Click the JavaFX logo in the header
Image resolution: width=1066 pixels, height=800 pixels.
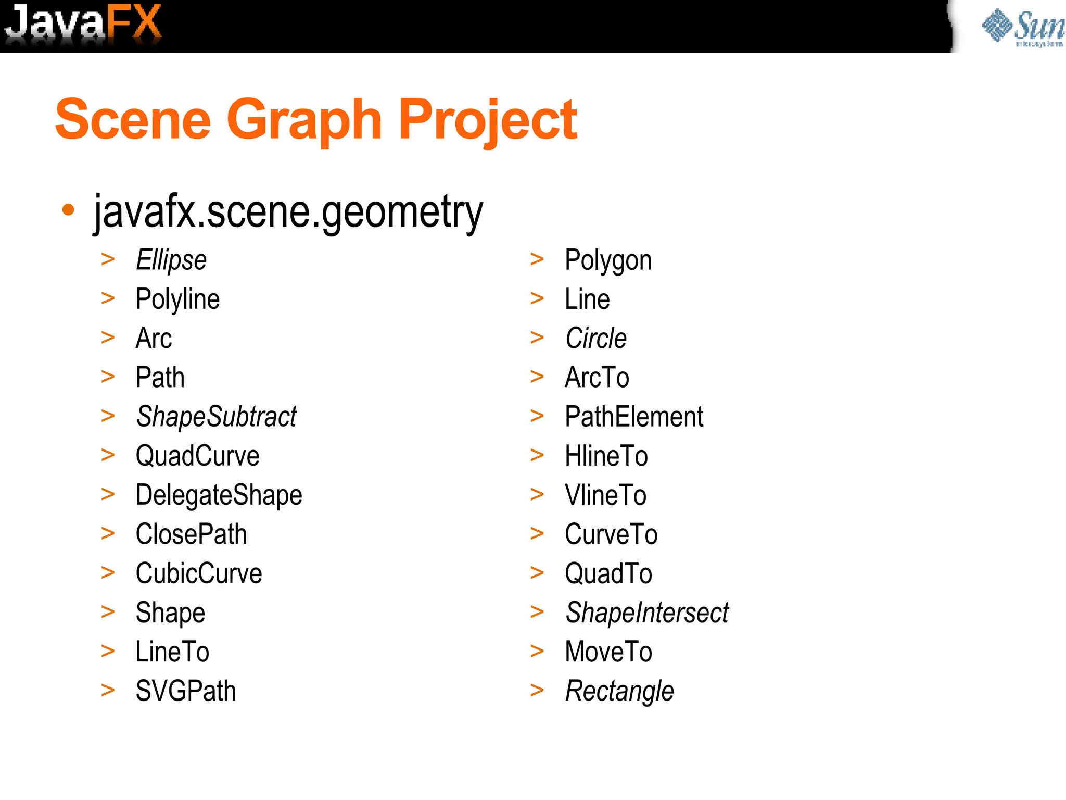point(83,23)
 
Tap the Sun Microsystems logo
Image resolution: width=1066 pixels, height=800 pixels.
point(1023,27)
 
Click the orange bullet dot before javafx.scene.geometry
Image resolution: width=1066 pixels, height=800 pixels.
point(68,209)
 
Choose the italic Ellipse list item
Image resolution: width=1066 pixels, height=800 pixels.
point(171,260)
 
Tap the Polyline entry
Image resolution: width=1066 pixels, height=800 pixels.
point(177,299)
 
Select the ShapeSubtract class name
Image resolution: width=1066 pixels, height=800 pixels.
point(216,417)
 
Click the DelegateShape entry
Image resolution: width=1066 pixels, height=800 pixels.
point(219,495)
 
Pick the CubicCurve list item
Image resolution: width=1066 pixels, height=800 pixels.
point(199,573)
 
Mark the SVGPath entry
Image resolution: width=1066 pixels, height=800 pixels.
point(186,691)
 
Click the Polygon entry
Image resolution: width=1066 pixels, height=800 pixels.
point(608,260)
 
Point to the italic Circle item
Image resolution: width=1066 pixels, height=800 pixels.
point(596,339)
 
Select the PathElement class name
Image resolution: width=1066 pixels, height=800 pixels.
point(634,417)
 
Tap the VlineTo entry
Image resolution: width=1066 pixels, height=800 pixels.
point(605,495)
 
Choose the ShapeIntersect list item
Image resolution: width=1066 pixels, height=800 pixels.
point(647,612)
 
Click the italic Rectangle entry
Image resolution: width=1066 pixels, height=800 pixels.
point(619,691)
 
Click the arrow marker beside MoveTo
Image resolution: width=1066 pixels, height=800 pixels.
point(537,651)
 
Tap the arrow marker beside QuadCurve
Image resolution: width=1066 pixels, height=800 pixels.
point(108,455)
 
